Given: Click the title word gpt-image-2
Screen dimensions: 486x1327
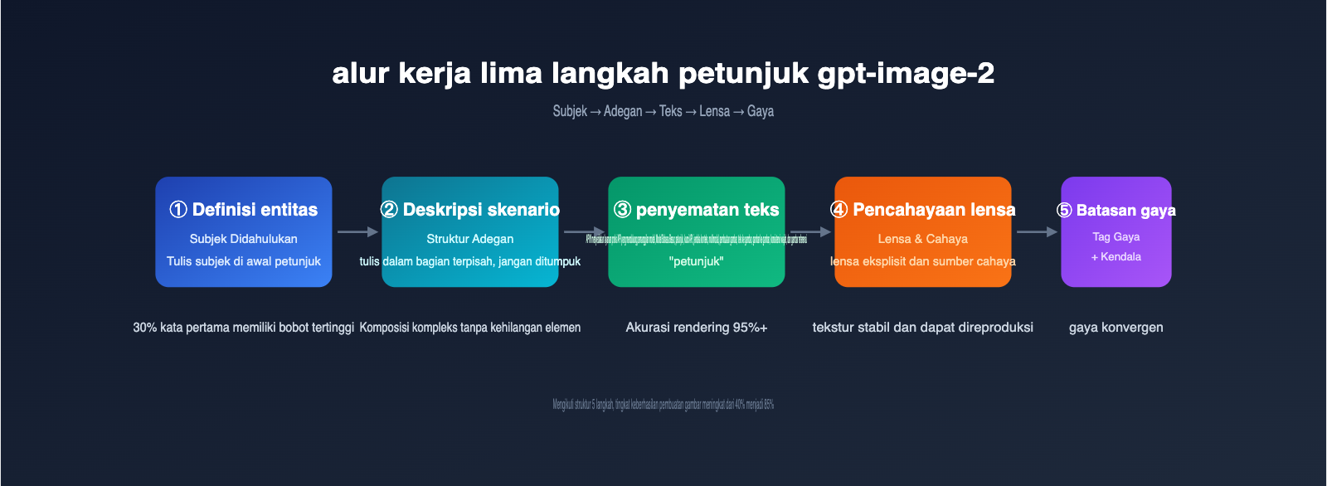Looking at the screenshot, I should [906, 74].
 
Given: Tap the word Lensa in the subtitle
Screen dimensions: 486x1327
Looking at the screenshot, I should [714, 111].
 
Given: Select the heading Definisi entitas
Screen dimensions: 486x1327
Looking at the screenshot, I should [255, 210].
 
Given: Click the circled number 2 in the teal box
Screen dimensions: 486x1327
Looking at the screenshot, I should [389, 210].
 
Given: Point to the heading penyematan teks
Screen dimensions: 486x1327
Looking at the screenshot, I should [707, 210].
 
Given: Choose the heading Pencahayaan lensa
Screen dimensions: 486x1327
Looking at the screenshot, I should [934, 210].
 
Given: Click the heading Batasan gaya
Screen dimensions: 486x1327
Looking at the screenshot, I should [1125, 211].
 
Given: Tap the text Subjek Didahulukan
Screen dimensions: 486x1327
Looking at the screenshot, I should [243, 239].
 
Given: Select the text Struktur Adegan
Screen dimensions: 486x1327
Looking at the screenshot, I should [469, 239].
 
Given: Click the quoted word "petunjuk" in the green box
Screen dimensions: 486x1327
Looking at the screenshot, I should [696, 261].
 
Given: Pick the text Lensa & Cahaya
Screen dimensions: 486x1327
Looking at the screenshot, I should [922, 239].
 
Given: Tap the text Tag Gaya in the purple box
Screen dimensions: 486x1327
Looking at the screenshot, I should [1116, 237].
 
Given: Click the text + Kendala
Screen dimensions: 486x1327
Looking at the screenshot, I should [1116, 257].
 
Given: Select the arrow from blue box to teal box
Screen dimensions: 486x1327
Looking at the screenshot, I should [357, 232].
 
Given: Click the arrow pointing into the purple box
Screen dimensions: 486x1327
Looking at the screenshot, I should [1037, 232].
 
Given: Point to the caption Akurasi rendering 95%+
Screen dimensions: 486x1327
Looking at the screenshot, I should [696, 328].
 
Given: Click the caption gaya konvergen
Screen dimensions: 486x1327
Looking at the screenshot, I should [1116, 328].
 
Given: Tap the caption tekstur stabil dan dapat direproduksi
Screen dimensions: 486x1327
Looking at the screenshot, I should [922, 328].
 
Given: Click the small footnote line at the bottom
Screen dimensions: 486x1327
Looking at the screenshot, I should [663, 405].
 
